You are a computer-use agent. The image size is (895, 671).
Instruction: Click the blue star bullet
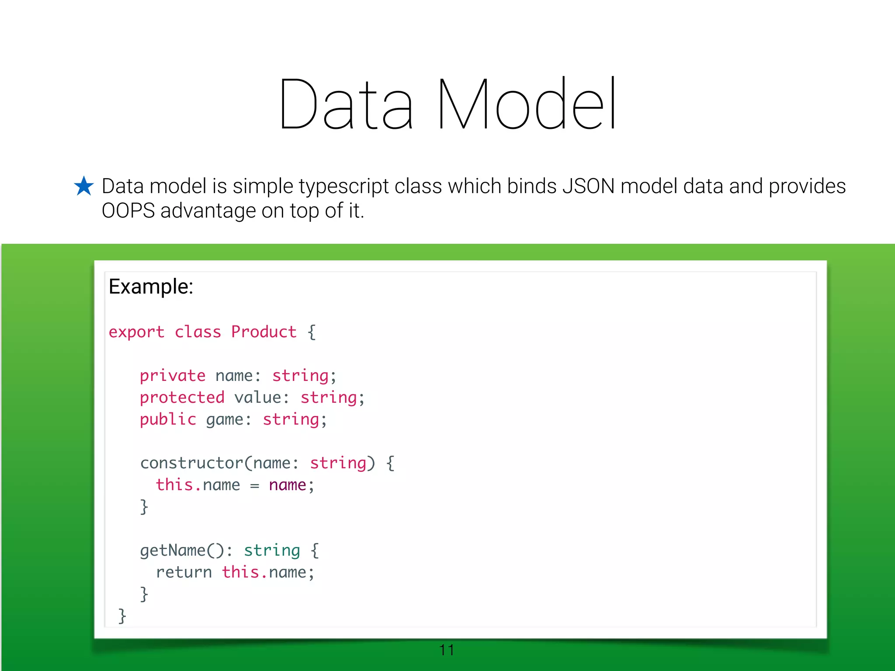(x=83, y=186)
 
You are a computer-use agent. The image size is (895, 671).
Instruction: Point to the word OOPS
(x=128, y=211)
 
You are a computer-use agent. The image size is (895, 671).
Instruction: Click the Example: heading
(x=151, y=287)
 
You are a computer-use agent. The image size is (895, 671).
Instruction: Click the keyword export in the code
(x=136, y=332)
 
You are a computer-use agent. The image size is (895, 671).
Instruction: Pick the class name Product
(x=264, y=332)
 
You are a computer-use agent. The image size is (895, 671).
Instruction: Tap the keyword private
(x=172, y=376)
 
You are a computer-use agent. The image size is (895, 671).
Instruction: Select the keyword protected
(x=182, y=398)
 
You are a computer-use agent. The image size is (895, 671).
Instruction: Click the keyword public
(x=168, y=419)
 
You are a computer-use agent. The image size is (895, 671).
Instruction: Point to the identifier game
(x=224, y=420)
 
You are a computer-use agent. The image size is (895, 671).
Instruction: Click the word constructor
(x=191, y=463)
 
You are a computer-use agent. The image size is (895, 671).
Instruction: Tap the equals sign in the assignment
(x=255, y=486)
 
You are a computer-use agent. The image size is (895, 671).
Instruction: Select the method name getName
(x=173, y=550)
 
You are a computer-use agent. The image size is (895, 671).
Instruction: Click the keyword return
(x=184, y=572)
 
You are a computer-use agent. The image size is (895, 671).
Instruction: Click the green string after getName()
(x=272, y=550)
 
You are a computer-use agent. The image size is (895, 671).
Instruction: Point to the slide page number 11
(x=447, y=650)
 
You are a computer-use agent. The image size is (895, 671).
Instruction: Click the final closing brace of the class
(x=122, y=616)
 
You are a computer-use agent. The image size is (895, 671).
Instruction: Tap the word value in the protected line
(x=257, y=398)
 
